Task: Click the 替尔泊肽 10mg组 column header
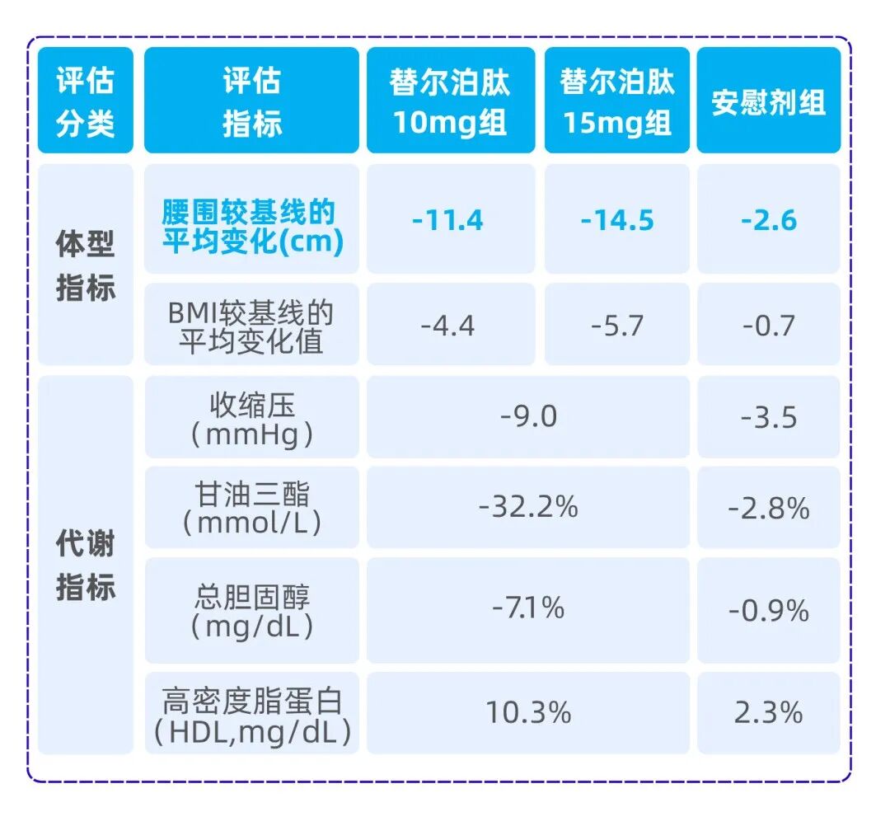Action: (450, 101)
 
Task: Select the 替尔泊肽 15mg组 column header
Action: (616, 101)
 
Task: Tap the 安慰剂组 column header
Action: (768, 101)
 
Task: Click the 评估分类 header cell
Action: (85, 101)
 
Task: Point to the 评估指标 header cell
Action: (251, 101)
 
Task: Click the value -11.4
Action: (450, 220)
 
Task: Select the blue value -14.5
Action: (616, 220)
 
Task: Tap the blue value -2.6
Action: (768, 220)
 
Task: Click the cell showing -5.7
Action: (616, 325)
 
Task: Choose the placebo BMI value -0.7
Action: (768, 325)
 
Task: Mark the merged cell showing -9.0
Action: (528, 416)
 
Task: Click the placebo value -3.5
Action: (768, 416)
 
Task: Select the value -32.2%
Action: (528, 507)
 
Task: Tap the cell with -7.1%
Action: (528, 608)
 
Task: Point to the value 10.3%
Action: (528, 712)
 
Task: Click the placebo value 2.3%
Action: (768, 712)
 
